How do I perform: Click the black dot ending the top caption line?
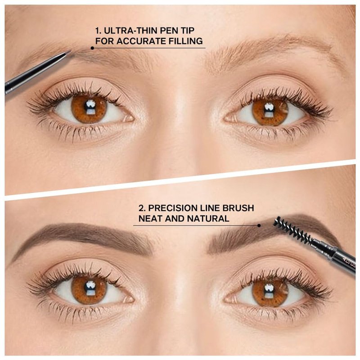[92, 48]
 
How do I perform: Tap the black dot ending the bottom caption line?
[259, 225]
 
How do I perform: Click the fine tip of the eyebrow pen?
[70, 52]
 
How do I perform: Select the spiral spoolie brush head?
[292, 228]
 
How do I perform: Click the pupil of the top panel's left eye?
[89, 107]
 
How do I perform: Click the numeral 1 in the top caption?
[98, 31]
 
